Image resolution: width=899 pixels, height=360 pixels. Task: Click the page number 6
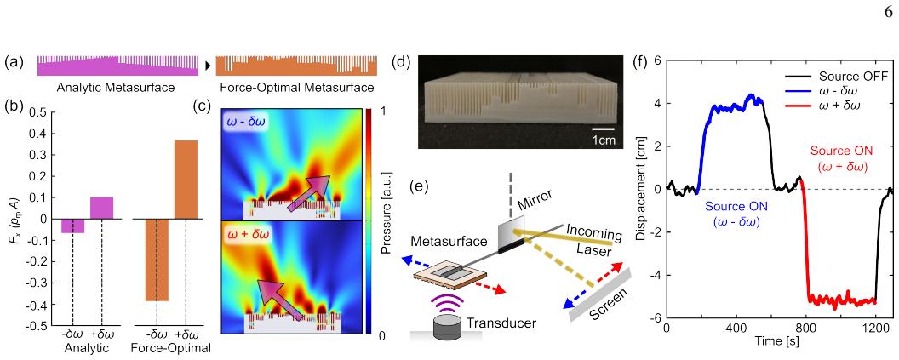coord(889,15)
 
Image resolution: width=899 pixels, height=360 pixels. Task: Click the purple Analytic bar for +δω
coord(101,209)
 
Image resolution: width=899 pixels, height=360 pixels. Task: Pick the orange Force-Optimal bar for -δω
coord(157,260)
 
